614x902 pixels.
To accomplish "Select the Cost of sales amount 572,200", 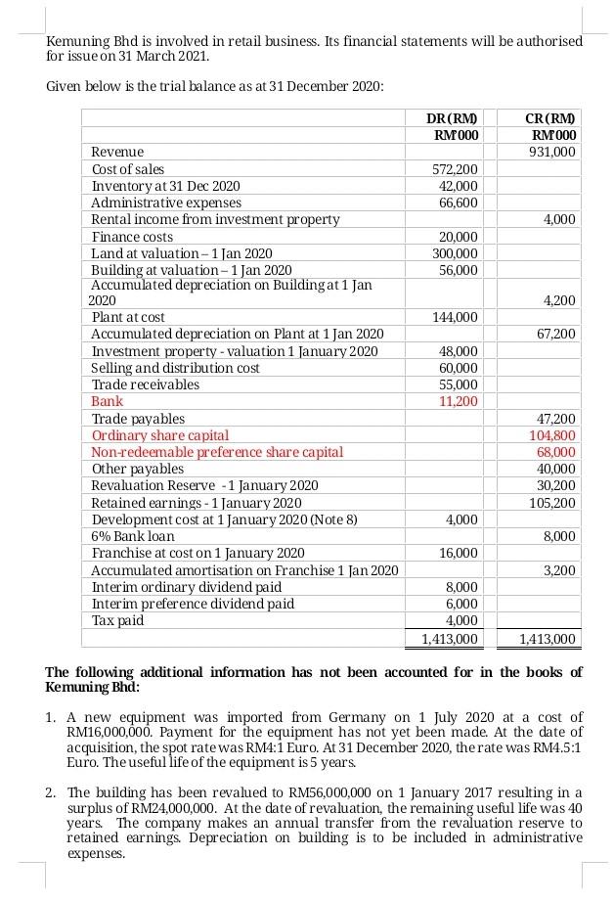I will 455,169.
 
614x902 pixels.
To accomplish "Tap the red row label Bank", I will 107,401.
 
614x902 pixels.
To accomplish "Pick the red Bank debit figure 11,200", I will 457,401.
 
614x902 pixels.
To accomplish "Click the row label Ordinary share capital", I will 160,435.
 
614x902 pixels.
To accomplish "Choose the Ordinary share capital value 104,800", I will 553,435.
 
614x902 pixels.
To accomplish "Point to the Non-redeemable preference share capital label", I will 217,452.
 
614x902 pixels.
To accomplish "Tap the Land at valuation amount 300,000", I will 455,252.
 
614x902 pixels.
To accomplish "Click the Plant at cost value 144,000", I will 455,317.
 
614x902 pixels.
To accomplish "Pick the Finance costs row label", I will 132,237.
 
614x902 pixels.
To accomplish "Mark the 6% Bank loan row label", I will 133,536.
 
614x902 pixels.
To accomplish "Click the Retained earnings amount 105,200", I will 553,502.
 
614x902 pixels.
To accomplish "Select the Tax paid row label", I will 116,620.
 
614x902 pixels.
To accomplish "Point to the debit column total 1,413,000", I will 449,639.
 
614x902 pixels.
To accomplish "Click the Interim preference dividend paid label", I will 193,604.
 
